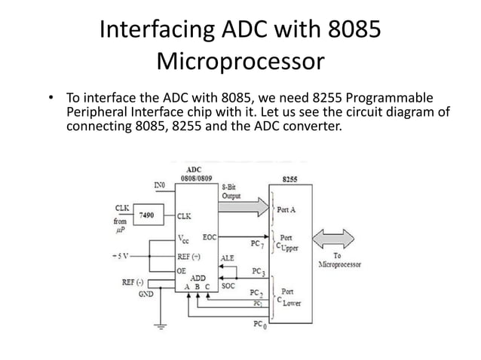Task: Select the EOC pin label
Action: pos(210,236)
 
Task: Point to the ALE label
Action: pos(228,257)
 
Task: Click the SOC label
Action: pos(227,285)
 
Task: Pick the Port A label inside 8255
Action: pos(287,209)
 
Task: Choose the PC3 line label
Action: pos(258,271)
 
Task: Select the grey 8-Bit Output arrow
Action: pos(244,204)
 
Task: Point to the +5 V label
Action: pos(121,255)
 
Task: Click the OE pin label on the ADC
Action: pos(182,269)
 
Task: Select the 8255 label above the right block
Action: pos(290,179)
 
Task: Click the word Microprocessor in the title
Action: pos(240,59)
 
